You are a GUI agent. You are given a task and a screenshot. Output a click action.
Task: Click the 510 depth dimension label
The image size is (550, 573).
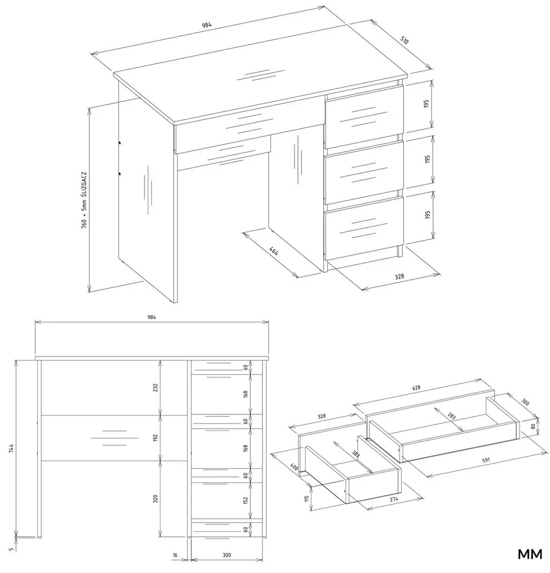click(404, 40)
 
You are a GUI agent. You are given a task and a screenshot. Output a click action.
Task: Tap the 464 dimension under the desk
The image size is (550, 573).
click(274, 251)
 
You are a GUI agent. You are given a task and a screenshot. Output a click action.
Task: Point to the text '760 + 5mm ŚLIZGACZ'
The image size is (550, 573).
click(84, 200)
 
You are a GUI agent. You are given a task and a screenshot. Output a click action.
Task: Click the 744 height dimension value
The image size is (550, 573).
click(11, 449)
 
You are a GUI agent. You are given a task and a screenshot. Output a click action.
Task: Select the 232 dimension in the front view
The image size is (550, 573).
click(155, 387)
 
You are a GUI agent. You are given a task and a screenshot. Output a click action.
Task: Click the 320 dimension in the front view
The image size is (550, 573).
click(155, 499)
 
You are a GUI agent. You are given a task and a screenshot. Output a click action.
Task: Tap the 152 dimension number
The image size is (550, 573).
click(246, 500)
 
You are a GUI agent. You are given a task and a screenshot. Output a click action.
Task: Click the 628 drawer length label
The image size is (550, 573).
click(417, 388)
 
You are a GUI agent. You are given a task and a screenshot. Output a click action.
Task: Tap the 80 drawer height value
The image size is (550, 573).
click(533, 426)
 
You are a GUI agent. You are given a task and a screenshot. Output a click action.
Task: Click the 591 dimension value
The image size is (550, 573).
click(486, 460)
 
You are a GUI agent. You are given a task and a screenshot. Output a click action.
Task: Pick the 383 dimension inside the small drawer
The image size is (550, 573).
click(354, 454)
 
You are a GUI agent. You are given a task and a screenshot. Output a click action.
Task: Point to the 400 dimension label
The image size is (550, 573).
click(294, 466)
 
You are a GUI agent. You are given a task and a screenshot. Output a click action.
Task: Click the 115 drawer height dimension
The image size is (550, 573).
click(307, 498)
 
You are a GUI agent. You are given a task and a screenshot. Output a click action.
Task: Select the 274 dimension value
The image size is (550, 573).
click(394, 499)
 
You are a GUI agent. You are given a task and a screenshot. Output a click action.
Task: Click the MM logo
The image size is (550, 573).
click(530, 554)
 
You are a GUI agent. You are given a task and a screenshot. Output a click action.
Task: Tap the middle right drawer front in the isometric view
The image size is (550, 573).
click(364, 172)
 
